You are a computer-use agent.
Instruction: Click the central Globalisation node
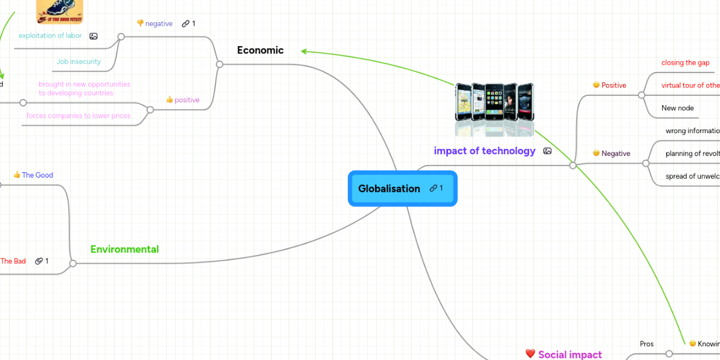389,188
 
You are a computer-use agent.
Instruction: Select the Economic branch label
260,50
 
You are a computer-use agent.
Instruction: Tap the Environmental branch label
124,249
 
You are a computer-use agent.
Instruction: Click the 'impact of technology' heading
484,151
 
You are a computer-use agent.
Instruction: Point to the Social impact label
569,354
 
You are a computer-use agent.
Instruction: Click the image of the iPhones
494,101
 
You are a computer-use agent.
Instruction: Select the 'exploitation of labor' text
50,35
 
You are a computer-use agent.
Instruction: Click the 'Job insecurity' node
79,61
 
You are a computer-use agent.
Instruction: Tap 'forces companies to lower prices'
78,116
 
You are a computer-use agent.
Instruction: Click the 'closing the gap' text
685,62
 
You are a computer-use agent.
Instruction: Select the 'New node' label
677,108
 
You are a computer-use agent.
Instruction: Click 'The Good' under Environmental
37,175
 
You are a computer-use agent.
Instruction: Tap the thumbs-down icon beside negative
140,23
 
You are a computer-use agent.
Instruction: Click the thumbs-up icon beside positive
169,100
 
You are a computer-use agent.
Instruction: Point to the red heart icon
530,354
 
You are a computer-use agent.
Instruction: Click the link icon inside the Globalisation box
433,188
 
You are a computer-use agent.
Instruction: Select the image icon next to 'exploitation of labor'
93,36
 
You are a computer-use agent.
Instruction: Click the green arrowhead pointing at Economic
304,52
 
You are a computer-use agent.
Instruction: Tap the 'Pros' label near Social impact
646,344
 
